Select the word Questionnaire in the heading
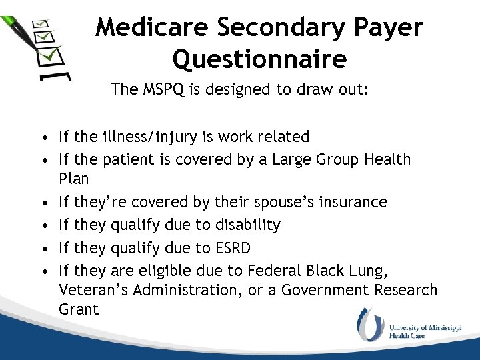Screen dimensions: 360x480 259,60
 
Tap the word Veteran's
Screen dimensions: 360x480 95,290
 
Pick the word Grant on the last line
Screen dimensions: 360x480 78,309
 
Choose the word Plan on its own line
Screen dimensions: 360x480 73,179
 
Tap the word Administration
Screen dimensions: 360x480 195,290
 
